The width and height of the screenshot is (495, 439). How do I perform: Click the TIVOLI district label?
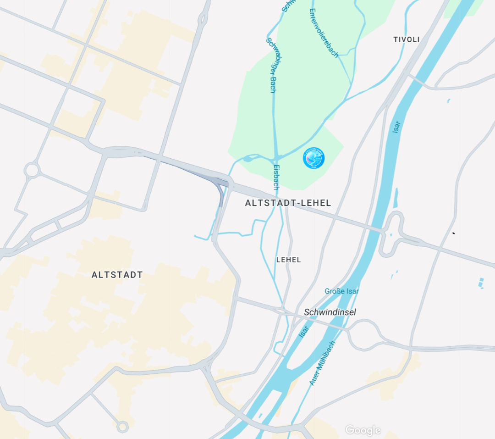tap(407, 39)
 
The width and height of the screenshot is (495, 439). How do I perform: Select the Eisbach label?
tap(276, 177)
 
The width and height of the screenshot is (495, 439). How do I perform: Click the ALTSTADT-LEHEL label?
tap(288, 203)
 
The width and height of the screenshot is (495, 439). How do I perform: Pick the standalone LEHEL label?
tap(289, 260)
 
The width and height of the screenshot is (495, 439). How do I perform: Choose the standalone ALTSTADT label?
tap(117, 275)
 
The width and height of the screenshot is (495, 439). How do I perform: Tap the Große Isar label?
tap(341, 291)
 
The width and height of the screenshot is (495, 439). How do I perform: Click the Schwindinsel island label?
tap(330, 312)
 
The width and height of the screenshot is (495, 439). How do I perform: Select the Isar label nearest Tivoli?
tap(396, 127)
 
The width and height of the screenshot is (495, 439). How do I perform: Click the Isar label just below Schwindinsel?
tap(304, 331)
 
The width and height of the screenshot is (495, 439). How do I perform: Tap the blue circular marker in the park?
tap(313, 158)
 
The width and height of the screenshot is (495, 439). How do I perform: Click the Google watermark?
tap(363, 430)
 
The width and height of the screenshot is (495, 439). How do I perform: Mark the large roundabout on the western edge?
tap(32, 170)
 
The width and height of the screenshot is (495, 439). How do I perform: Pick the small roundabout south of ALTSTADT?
tap(122, 427)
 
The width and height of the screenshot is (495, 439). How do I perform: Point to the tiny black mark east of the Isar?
tap(453, 233)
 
